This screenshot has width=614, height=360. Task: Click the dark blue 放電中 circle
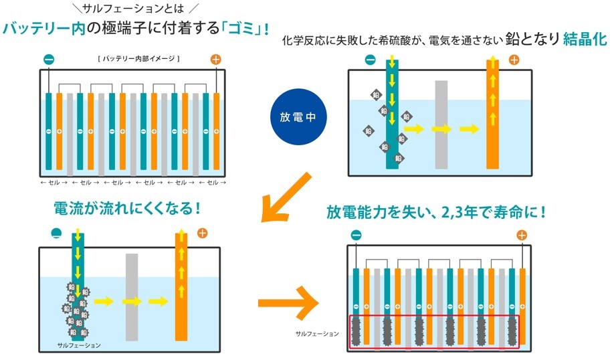tap(298, 116)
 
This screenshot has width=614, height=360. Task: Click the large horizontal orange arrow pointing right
tap(288, 303)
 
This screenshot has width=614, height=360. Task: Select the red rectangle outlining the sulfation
tap(434, 332)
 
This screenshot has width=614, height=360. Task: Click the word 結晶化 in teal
tap(585, 39)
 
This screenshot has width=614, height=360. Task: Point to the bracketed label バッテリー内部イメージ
tap(138, 59)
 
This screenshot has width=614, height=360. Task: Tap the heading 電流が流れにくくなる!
tap(127, 208)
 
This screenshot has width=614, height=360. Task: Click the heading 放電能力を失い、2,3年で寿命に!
tap(436, 212)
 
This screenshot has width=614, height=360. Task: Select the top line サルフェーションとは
tap(133, 8)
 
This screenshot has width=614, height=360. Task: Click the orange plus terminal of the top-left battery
tap(216, 60)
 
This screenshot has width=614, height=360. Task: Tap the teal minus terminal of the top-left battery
tap(49, 60)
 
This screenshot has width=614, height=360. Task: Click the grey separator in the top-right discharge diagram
tap(441, 124)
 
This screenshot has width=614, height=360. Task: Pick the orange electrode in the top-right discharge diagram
tap(493, 114)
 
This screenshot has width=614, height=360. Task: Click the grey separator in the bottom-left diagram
tap(132, 297)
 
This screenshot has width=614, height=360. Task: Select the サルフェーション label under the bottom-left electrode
tap(79, 345)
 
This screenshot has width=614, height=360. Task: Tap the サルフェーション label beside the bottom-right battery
tap(317, 334)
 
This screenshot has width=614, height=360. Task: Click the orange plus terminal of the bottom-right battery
tap(522, 236)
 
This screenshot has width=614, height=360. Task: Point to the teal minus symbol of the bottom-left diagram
tap(56, 234)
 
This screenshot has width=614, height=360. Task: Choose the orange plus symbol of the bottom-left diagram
tap(202, 234)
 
